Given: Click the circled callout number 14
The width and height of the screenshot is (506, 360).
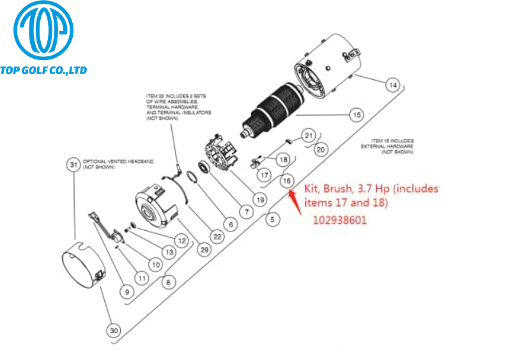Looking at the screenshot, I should pos(393,84).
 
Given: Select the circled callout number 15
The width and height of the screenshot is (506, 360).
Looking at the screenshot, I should pos(356,115).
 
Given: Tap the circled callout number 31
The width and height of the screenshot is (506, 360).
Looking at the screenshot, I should pos(74,164).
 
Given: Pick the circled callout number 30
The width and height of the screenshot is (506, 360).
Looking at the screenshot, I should pos(114,331).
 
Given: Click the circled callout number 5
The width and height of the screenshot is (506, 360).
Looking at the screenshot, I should pos(274,219).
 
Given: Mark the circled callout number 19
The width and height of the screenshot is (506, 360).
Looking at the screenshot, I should pos(259,199).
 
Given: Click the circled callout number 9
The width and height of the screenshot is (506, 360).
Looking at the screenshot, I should pos(127,292).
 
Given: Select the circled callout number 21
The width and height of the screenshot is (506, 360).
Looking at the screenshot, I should pos(309,135).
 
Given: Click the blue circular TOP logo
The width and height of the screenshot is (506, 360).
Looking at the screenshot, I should pos(43,31).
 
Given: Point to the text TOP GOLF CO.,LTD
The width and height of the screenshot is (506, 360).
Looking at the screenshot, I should pos(43,70).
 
